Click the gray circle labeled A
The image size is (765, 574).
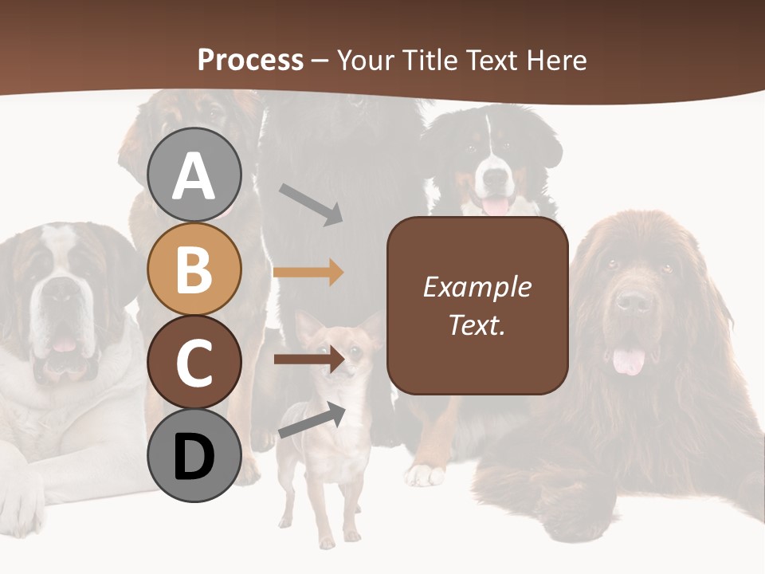click(x=194, y=175)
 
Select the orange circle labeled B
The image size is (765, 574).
click(x=194, y=269)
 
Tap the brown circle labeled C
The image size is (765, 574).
click(x=194, y=363)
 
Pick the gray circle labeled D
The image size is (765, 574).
click(x=194, y=456)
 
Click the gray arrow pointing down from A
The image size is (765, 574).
click(x=311, y=204)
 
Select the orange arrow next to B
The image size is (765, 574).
click(x=308, y=272)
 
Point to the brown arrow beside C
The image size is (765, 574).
click(x=308, y=359)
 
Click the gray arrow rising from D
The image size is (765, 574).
click(x=312, y=421)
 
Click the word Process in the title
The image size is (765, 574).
click(x=250, y=60)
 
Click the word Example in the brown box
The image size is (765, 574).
click(x=477, y=287)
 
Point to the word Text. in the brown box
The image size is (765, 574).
click(x=477, y=325)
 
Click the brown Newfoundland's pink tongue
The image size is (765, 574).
click(x=629, y=361)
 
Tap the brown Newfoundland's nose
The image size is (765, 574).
click(x=633, y=301)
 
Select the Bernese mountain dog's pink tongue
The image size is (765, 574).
click(x=496, y=206)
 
